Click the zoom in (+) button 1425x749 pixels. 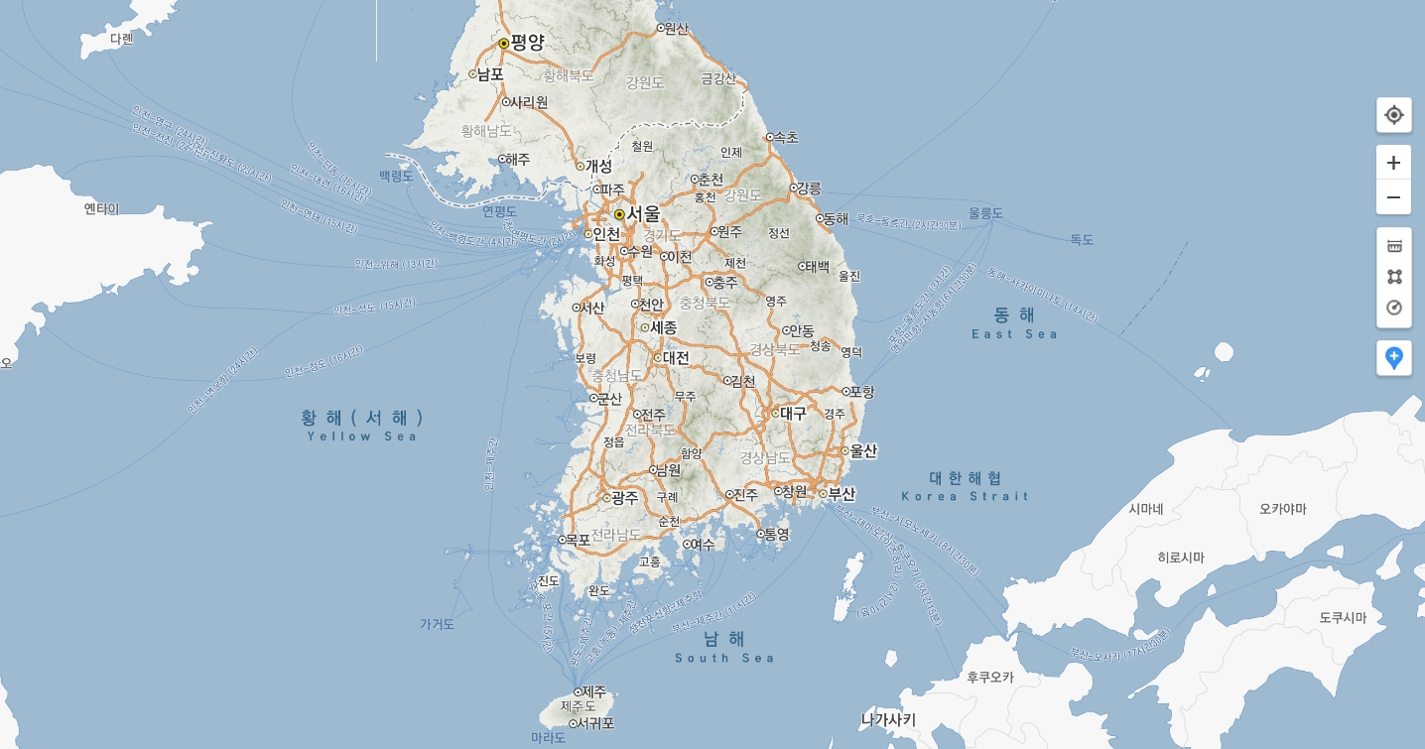(x=1393, y=163)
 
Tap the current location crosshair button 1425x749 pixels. (x=1393, y=115)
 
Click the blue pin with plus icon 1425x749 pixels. (x=1393, y=358)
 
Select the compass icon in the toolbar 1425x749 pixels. (x=1393, y=308)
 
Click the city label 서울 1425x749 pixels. (x=643, y=213)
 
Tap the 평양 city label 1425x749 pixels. (x=527, y=43)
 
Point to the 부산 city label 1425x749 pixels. (x=841, y=493)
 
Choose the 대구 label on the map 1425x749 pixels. (x=793, y=413)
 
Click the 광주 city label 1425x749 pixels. (x=624, y=498)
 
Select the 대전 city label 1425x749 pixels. (x=676, y=357)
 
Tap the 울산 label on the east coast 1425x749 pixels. (x=863, y=450)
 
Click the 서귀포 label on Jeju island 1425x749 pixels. (x=595, y=723)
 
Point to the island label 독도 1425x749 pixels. (x=1082, y=240)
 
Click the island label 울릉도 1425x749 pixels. (x=986, y=213)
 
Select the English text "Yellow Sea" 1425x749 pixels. (x=362, y=437)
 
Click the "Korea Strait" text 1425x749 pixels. (x=966, y=496)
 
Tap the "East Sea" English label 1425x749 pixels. (x=1014, y=334)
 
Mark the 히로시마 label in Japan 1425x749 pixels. (x=1181, y=558)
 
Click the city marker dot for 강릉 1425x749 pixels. (x=794, y=187)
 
